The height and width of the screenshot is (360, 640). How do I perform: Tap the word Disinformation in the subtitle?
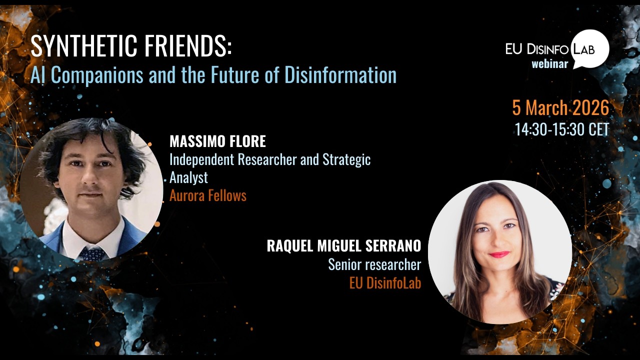click(340, 75)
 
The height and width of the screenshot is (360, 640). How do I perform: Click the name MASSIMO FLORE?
click(217, 141)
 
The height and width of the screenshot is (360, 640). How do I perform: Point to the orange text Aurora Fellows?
click(208, 195)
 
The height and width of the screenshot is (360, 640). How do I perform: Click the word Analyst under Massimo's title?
click(188, 177)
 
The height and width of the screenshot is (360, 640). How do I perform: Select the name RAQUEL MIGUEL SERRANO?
click(344, 246)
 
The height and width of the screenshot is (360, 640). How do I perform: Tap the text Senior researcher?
click(374, 264)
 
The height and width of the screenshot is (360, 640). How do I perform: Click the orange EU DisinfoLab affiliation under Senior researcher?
click(385, 283)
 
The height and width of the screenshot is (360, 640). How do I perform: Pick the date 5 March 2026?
click(560, 108)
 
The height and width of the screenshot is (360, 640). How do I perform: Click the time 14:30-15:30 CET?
click(562, 129)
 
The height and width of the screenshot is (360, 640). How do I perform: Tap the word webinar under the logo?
click(549, 64)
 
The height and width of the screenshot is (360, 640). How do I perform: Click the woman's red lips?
click(498, 254)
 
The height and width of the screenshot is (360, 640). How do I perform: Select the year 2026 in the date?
click(591, 108)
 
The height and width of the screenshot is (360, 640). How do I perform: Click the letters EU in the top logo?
click(514, 49)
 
